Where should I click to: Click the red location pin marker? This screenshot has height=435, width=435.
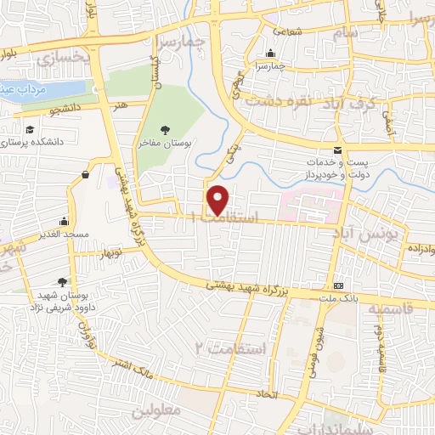[x=219, y=198]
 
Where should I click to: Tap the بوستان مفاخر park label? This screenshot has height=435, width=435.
[x=166, y=144]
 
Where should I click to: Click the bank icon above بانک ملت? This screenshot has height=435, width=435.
[x=340, y=285]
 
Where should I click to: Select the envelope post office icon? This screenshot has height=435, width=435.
[x=339, y=150]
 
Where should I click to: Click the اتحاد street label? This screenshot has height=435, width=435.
[x=266, y=393]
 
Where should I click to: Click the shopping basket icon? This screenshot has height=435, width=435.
[x=86, y=175]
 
